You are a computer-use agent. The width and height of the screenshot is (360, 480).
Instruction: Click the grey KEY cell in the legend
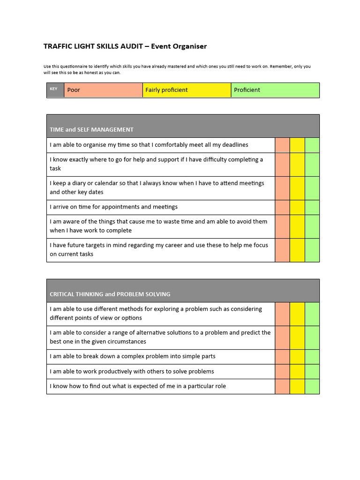55,90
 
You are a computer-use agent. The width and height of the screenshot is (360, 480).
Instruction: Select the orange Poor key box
103,90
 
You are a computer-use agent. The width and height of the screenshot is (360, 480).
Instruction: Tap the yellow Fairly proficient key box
187,90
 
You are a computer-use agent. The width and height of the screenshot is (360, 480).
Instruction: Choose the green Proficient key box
275,90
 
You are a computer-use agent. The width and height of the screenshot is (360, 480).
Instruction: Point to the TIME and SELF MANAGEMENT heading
92,130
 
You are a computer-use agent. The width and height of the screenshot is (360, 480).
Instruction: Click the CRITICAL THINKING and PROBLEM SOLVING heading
110,294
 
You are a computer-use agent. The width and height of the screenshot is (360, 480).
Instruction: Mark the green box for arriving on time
312,207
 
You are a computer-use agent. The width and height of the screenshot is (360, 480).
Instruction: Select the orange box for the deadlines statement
282,145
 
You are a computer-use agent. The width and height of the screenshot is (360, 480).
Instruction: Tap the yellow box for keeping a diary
297,188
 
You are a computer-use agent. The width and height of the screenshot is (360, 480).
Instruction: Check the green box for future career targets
312,250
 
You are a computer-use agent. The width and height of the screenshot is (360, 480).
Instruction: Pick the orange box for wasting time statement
282,226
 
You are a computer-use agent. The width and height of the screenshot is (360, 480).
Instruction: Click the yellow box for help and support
297,165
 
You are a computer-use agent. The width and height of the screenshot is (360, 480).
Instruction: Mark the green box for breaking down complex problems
312,357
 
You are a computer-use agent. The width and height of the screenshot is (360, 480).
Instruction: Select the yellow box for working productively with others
297,372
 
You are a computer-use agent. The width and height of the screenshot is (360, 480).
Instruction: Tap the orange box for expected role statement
282,386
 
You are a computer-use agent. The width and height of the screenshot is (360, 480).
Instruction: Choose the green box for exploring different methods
312,314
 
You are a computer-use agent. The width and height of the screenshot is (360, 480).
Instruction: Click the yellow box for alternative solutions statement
297,337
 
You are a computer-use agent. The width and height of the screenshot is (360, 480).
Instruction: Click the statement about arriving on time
114,207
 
